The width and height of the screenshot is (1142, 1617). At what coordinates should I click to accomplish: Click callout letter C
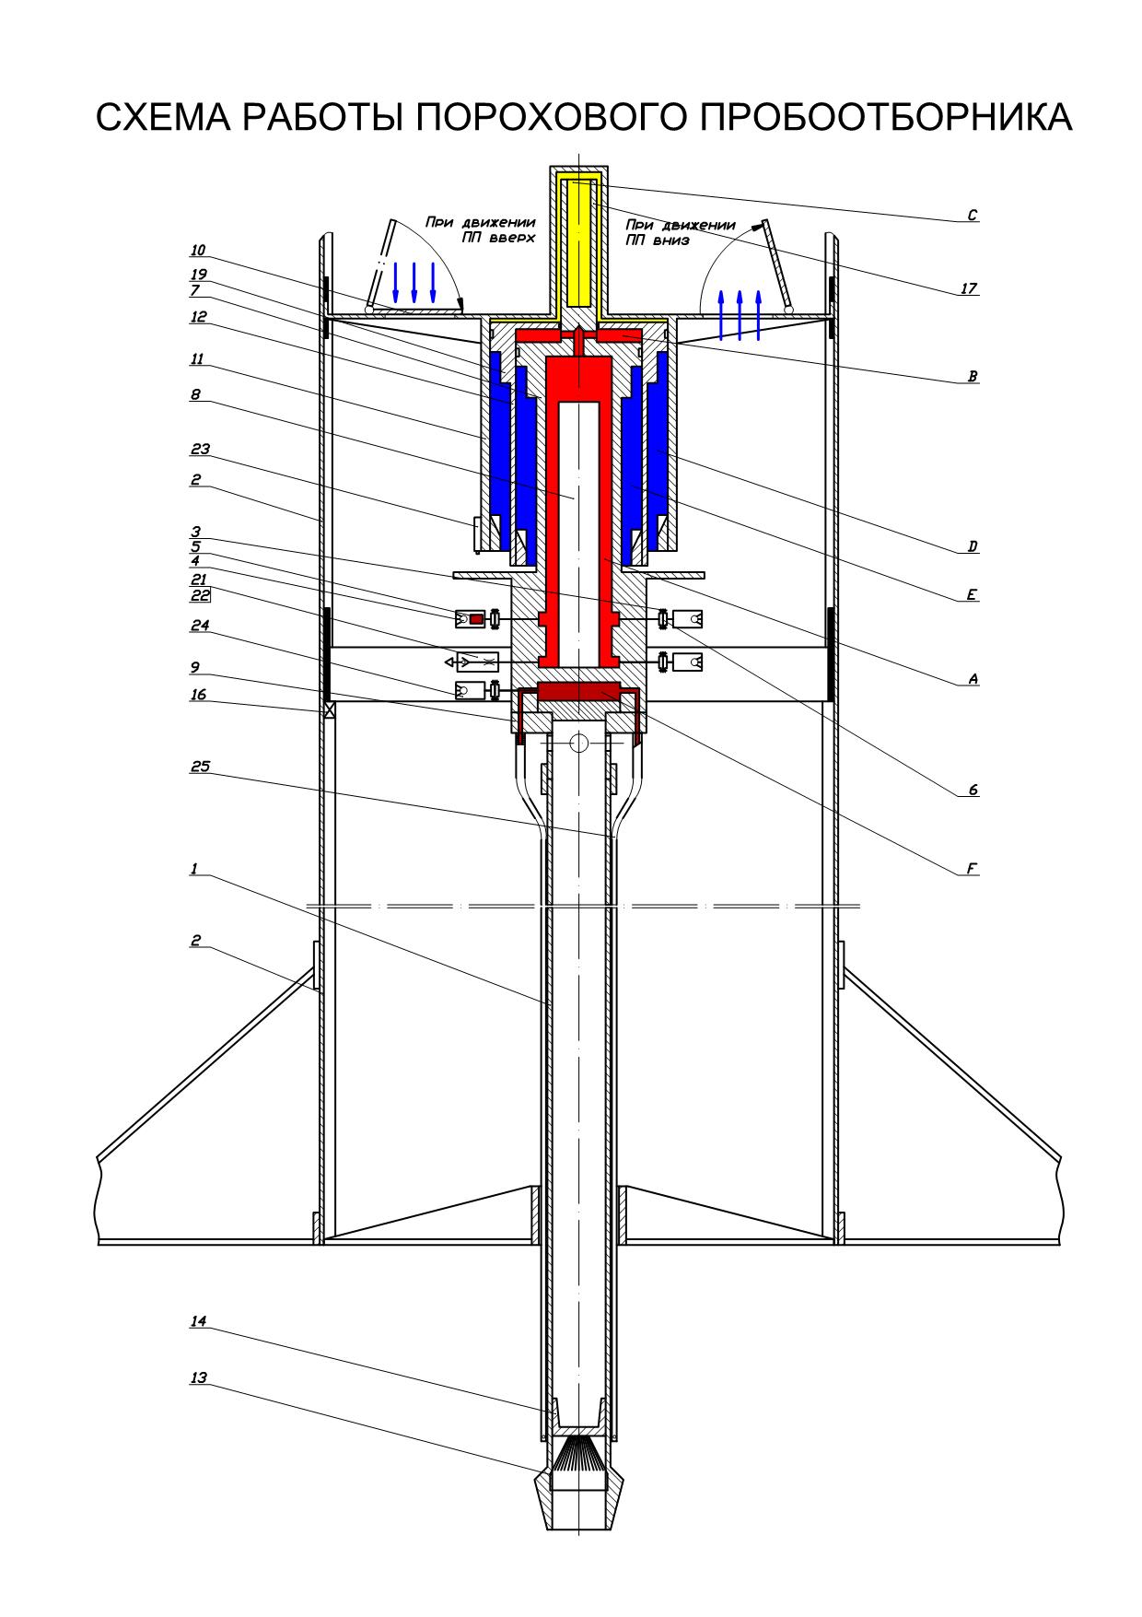coord(972,216)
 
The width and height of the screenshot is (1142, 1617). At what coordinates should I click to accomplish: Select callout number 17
coord(968,289)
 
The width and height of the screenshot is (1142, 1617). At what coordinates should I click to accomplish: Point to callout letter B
coord(972,377)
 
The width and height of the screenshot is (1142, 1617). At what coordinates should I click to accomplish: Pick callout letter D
coord(972,547)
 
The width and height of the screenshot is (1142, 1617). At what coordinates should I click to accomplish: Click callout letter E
coord(972,595)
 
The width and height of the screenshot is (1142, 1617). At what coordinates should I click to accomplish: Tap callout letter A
coord(972,679)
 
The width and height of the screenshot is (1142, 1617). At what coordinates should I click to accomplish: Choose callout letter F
coord(972,868)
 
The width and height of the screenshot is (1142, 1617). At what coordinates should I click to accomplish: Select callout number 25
coord(200,766)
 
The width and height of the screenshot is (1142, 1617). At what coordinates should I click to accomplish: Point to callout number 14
coord(198,1321)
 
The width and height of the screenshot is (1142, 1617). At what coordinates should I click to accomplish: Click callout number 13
coord(198,1378)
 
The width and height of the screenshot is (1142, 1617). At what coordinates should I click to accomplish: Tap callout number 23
coord(200,450)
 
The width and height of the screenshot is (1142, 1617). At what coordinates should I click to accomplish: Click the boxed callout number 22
coord(200,594)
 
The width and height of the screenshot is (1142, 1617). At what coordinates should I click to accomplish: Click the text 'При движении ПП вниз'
coord(680,232)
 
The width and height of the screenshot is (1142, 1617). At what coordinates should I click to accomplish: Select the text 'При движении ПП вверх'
coord(480,229)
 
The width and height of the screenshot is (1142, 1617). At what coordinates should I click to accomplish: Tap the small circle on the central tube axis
coord(578,743)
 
